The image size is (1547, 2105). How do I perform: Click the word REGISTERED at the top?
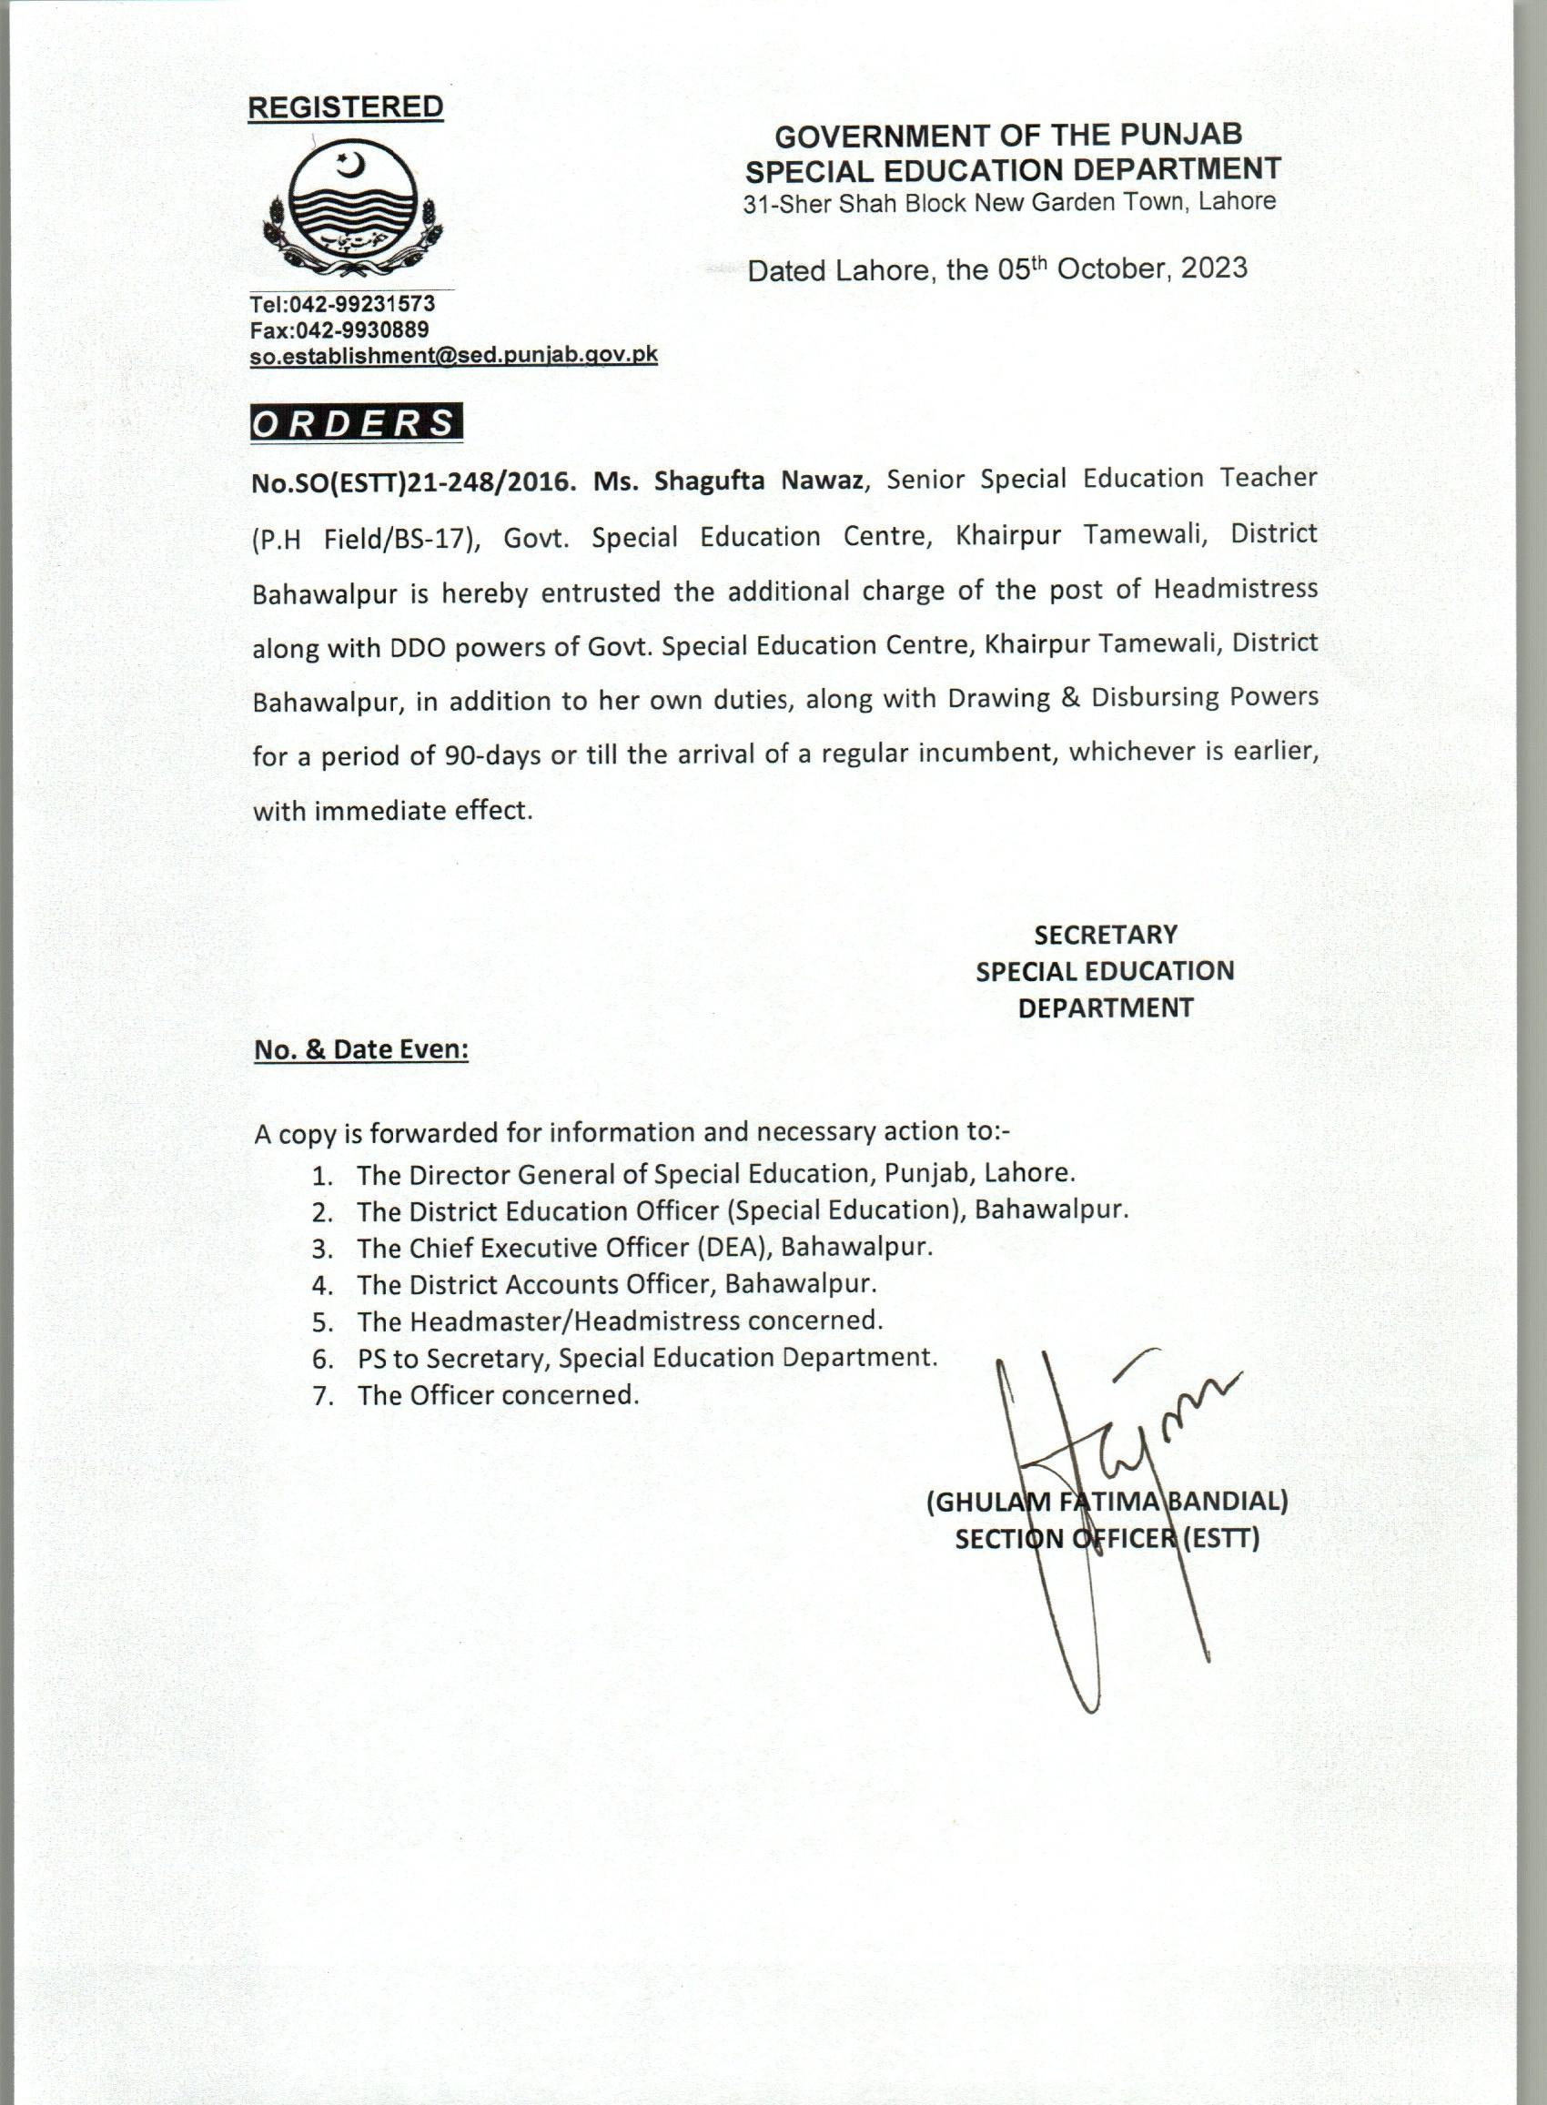point(345,107)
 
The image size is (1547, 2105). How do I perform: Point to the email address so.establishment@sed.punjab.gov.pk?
point(453,356)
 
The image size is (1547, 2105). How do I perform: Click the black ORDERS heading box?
point(356,423)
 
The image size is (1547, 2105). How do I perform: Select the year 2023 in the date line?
point(1214,268)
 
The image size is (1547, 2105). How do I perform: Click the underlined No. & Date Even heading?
point(360,1049)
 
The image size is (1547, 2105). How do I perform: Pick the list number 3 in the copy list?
point(322,1249)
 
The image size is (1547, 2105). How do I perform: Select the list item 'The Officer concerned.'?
point(497,1395)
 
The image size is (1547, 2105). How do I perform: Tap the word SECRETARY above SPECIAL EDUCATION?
point(1105,935)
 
